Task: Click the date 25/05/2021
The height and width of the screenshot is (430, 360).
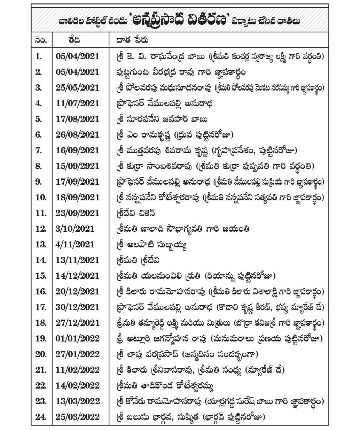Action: click(77, 87)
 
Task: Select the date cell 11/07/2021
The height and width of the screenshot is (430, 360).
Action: click(77, 103)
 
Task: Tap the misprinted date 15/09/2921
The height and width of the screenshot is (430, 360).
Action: click(77, 166)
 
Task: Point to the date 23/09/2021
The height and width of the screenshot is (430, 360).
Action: click(77, 213)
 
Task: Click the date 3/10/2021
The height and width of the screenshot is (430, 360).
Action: click(75, 229)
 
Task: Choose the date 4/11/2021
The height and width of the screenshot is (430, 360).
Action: click(75, 244)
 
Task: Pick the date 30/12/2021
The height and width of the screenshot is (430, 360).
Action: click(77, 307)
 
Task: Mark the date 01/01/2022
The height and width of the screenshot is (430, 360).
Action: click(77, 338)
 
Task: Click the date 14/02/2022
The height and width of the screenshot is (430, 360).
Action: click(77, 385)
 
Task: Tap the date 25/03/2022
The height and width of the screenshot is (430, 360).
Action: click(77, 417)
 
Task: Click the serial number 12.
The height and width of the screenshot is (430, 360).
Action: click(41, 229)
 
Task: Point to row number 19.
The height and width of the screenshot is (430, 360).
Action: click(41, 338)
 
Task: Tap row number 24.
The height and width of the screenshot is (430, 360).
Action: click(41, 417)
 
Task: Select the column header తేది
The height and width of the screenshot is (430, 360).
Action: click(74, 40)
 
